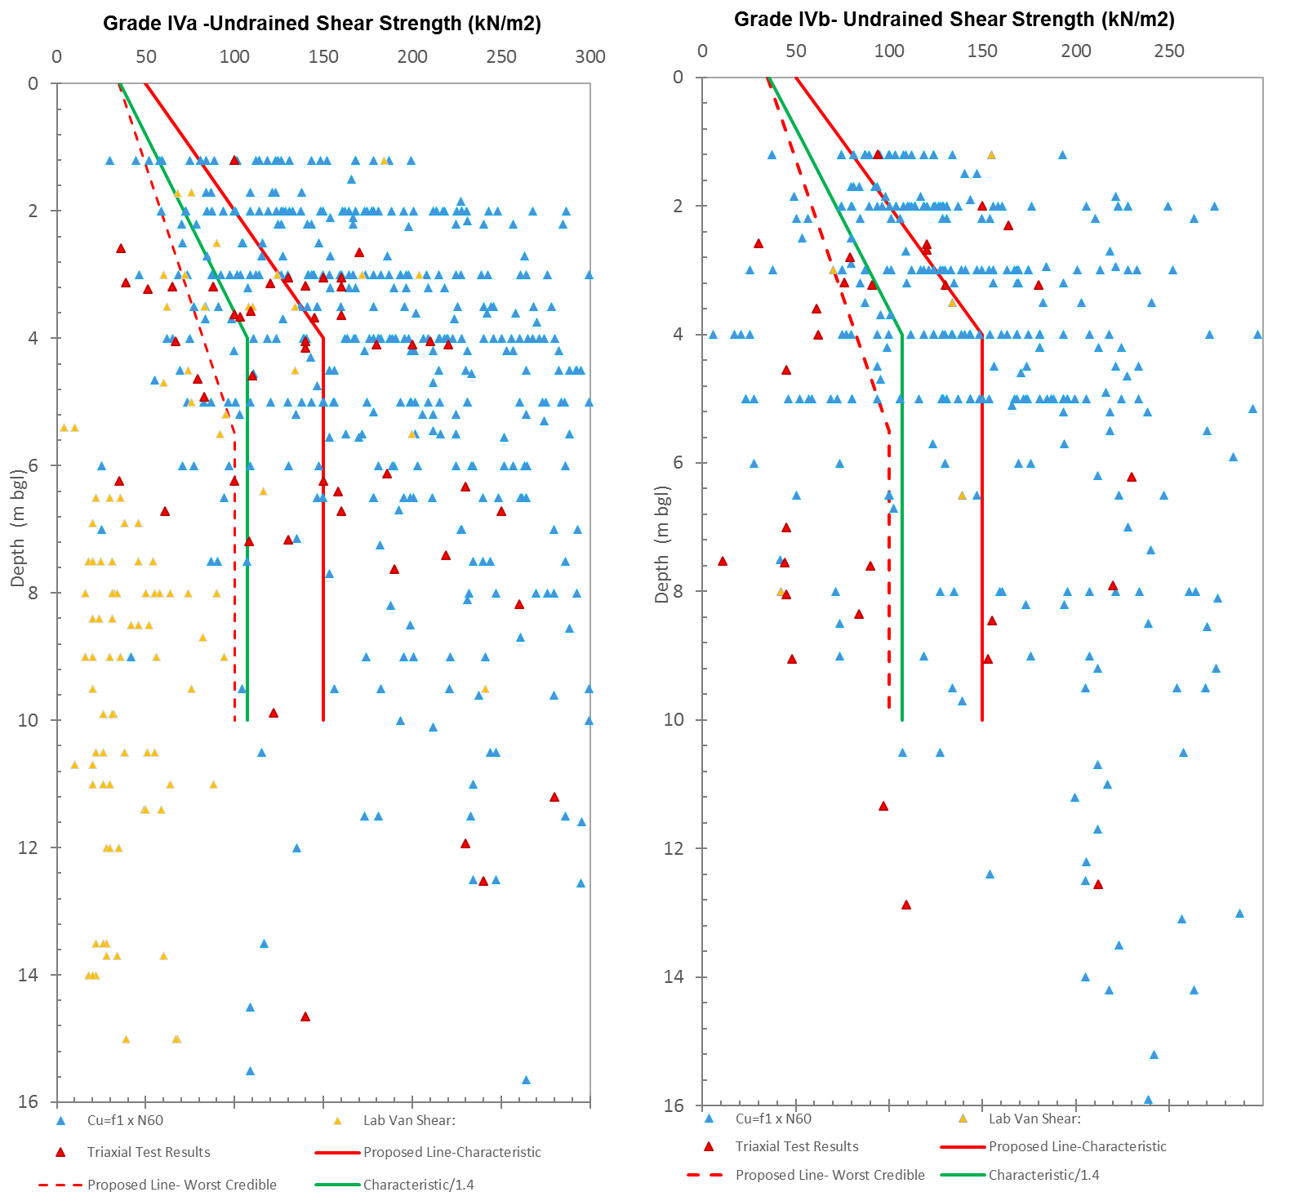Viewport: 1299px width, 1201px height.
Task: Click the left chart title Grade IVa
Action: tap(322, 23)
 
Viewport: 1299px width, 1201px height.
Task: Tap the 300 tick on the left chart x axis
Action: tap(589, 56)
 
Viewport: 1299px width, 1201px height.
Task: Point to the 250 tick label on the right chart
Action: tap(1168, 51)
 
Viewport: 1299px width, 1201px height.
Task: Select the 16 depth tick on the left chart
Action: tap(28, 1101)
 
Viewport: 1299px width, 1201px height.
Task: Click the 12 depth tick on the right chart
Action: tap(674, 848)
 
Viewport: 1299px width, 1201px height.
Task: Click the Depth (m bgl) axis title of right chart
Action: tap(662, 545)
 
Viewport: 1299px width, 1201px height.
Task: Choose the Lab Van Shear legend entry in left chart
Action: tap(408, 1120)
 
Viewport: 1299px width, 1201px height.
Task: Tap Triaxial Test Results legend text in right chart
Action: tap(796, 1146)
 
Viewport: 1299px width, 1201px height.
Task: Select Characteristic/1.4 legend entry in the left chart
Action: tap(418, 1185)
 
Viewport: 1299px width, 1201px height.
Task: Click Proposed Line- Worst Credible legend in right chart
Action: tap(830, 1175)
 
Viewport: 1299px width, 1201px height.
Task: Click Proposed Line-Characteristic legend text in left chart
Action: tap(452, 1152)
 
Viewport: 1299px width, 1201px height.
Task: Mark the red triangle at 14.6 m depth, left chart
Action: tap(305, 1016)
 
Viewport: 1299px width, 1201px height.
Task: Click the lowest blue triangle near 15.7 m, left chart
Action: tap(526, 1080)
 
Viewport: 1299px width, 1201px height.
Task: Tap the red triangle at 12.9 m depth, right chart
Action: tap(906, 905)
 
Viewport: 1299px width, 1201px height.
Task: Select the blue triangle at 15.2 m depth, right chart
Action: tap(1154, 1055)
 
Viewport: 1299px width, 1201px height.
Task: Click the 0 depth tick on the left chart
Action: tap(33, 83)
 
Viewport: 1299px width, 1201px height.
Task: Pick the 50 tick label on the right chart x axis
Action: tap(795, 51)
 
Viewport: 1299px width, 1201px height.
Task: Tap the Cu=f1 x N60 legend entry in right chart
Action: tap(773, 1119)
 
